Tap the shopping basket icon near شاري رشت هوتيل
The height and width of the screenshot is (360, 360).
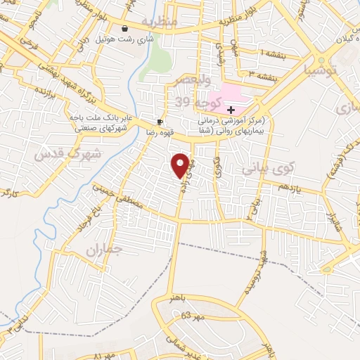[124, 29]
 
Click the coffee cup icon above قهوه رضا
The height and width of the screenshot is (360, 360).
[160, 120]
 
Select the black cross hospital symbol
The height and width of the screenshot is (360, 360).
[231, 110]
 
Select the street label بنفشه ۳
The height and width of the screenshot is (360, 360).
[263, 73]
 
